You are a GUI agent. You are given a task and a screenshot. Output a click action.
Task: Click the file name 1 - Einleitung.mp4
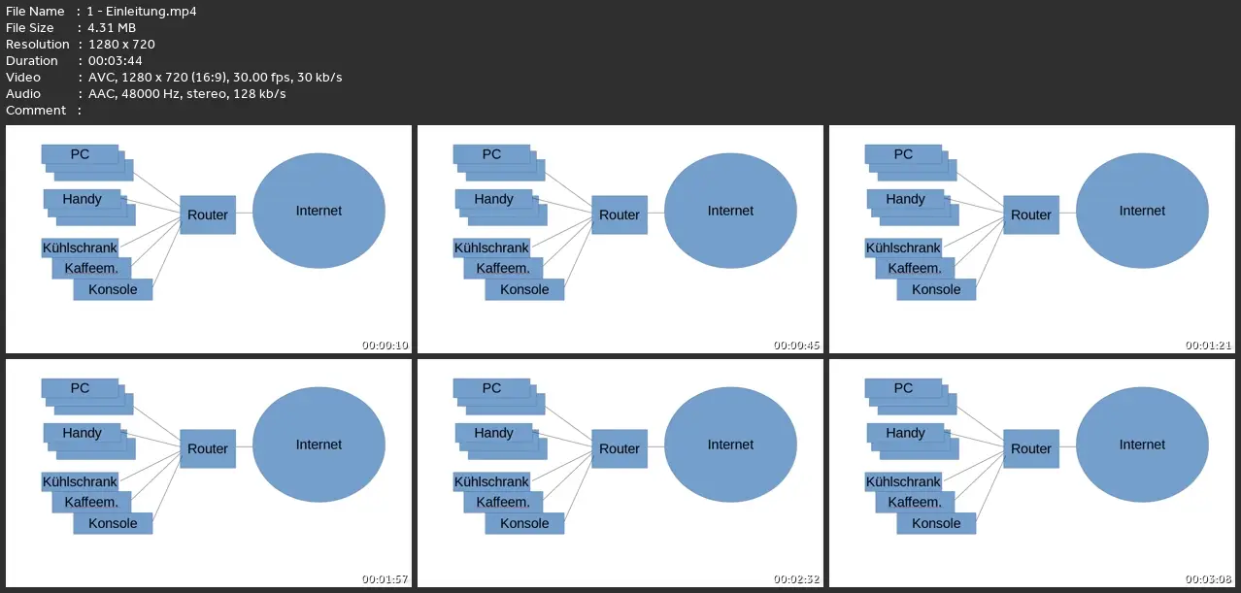(142, 11)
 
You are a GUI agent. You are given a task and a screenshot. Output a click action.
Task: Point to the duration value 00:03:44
(115, 60)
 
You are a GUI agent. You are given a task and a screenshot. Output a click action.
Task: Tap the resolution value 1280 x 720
(121, 44)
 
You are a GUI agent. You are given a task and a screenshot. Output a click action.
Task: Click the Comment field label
(36, 110)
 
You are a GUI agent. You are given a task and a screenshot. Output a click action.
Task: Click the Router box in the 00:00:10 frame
(208, 214)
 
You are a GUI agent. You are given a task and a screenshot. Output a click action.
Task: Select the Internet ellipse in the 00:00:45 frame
(730, 211)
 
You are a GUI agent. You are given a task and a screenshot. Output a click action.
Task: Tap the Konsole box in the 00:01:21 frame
(936, 289)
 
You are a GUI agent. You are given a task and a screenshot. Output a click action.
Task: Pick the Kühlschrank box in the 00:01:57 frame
(80, 481)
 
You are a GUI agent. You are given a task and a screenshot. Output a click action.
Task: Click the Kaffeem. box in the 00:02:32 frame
(503, 502)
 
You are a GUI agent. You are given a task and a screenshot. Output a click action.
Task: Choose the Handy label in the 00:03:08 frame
(905, 433)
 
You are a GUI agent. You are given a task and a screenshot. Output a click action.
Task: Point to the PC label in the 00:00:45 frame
(491, 153)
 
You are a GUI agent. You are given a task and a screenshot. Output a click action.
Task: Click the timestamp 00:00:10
(386, 346)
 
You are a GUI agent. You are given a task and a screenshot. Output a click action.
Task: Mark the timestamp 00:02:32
(797, 579)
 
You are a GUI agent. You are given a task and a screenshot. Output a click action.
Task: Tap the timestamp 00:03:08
(1209, 579)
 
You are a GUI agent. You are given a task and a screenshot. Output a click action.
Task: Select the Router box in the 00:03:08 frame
(1031, 448)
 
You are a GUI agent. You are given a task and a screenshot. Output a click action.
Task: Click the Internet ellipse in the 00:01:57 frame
(319, 445)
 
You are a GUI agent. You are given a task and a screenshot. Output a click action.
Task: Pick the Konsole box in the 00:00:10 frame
(113, 289)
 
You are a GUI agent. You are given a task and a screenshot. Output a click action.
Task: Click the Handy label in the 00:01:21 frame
(905, 199)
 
